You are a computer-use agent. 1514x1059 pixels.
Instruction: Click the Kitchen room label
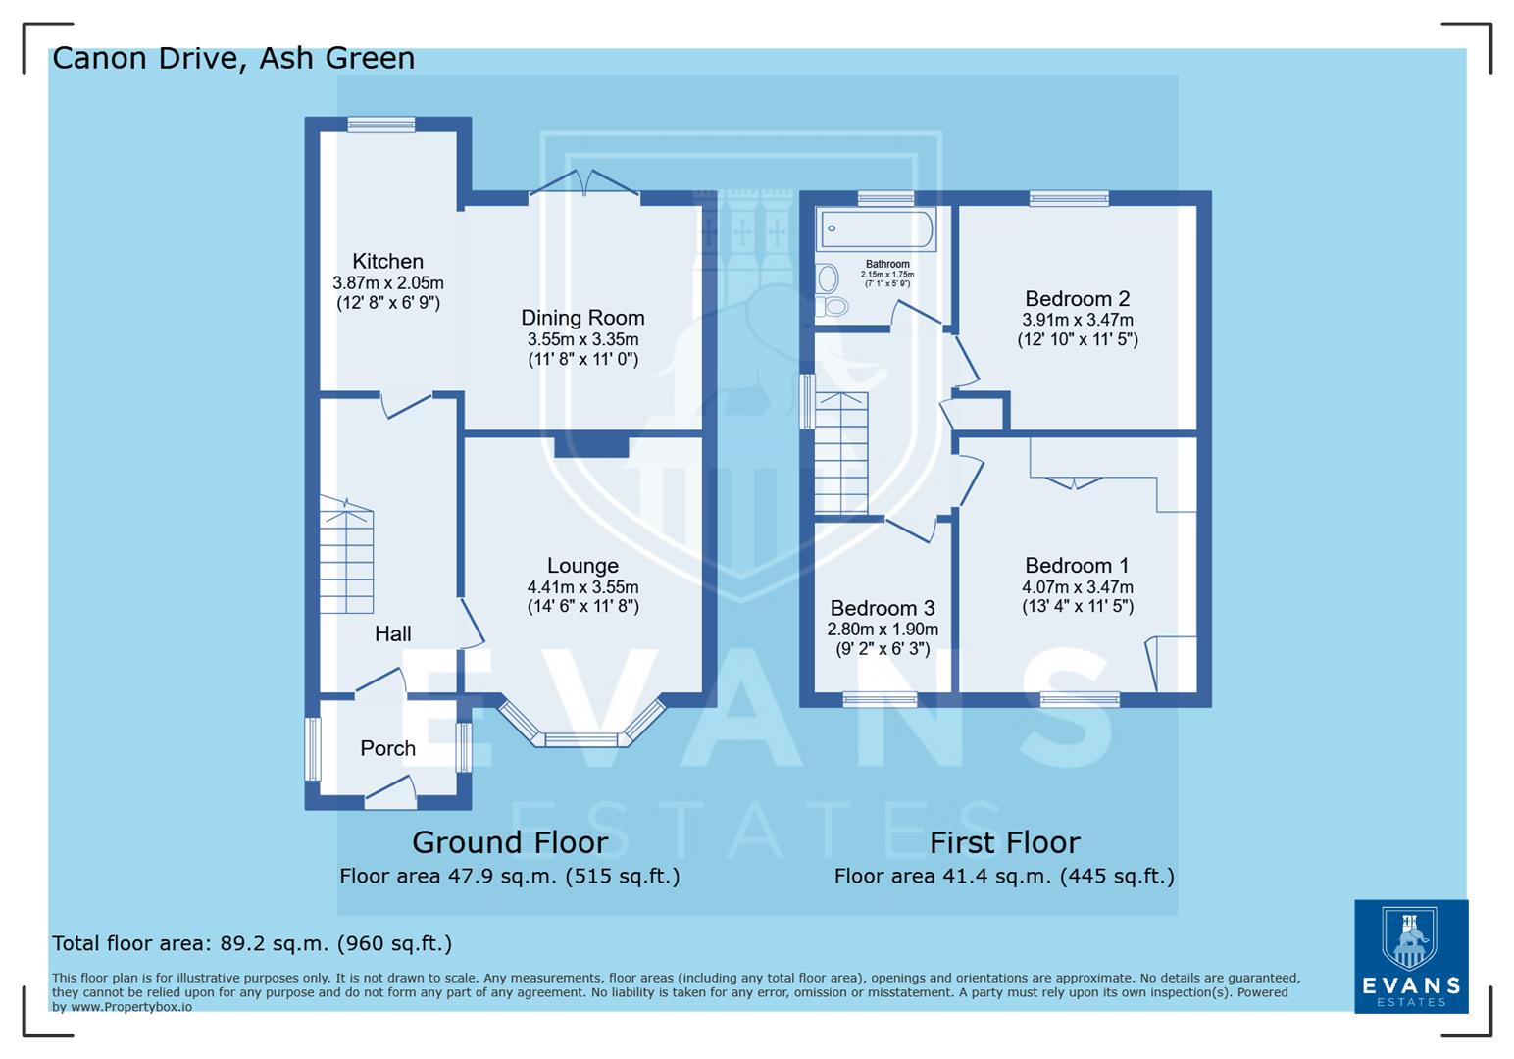pyautogui.click(x=387, y=262)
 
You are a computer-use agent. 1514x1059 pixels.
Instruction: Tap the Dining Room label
pyautogui.click(x=582, y=318)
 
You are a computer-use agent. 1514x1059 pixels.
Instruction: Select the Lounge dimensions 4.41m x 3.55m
pyautogui.click(x=582, y=587)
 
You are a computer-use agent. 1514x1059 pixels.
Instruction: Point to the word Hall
pyautogui.click(x=392, y=634)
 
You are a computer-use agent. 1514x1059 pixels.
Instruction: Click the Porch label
pyautogui.click(x=387, y=749)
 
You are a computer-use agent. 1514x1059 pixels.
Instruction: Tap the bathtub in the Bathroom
pyautogui.click(x=877, y=228)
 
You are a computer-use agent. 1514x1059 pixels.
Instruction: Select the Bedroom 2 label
pyautogui.click(x=1077, y=299)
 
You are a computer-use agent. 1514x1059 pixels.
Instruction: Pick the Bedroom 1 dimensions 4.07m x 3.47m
pyautogui.click(x=1077, y=587)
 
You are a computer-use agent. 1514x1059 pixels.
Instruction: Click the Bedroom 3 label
pyautogui.click(x=882, y=609)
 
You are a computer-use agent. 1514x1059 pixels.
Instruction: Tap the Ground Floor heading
pyautogui.click(x=510, y=842)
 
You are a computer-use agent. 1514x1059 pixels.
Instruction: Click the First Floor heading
pyautogui.click(x=1004, y=842)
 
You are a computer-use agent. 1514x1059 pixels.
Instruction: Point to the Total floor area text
pyautogui.click(x=252, y=943)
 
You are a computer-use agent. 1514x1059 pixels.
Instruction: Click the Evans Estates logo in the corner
pyautogui.click(x=1411, y=956)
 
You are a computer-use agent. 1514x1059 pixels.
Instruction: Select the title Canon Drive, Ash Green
pyautogui.click(x=233, y=58)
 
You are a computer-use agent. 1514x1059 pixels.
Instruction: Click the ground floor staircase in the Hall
pyautogui.click(x=346, y=559)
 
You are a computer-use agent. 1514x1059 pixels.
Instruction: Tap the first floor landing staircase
pyautogui.click(x=841, y=453)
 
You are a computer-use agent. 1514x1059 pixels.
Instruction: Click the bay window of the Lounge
pyautogui.click(x=581, y=738)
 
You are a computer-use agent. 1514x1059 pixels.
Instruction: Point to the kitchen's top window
pyautogui.click(x=381, y=125)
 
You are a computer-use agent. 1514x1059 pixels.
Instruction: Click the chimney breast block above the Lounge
pyautogui.click(x=591, y=446)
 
